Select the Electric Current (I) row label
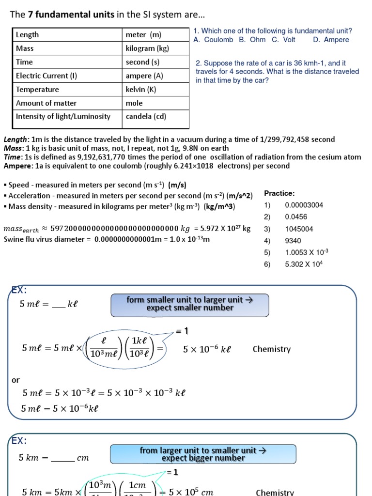[46, 76]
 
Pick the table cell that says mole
[134, 103]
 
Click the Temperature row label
[37, 89]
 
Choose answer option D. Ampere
[331, 40]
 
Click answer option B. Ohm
[252, 40]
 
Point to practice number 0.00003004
[304, 205]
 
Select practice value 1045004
[299, 229]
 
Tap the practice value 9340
[293, 241]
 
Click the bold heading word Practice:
[279, 193]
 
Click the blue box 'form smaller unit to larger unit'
[190, 304]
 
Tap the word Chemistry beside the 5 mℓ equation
[272, 349]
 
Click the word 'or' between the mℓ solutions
[16, 380]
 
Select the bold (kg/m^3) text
[219, 207]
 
